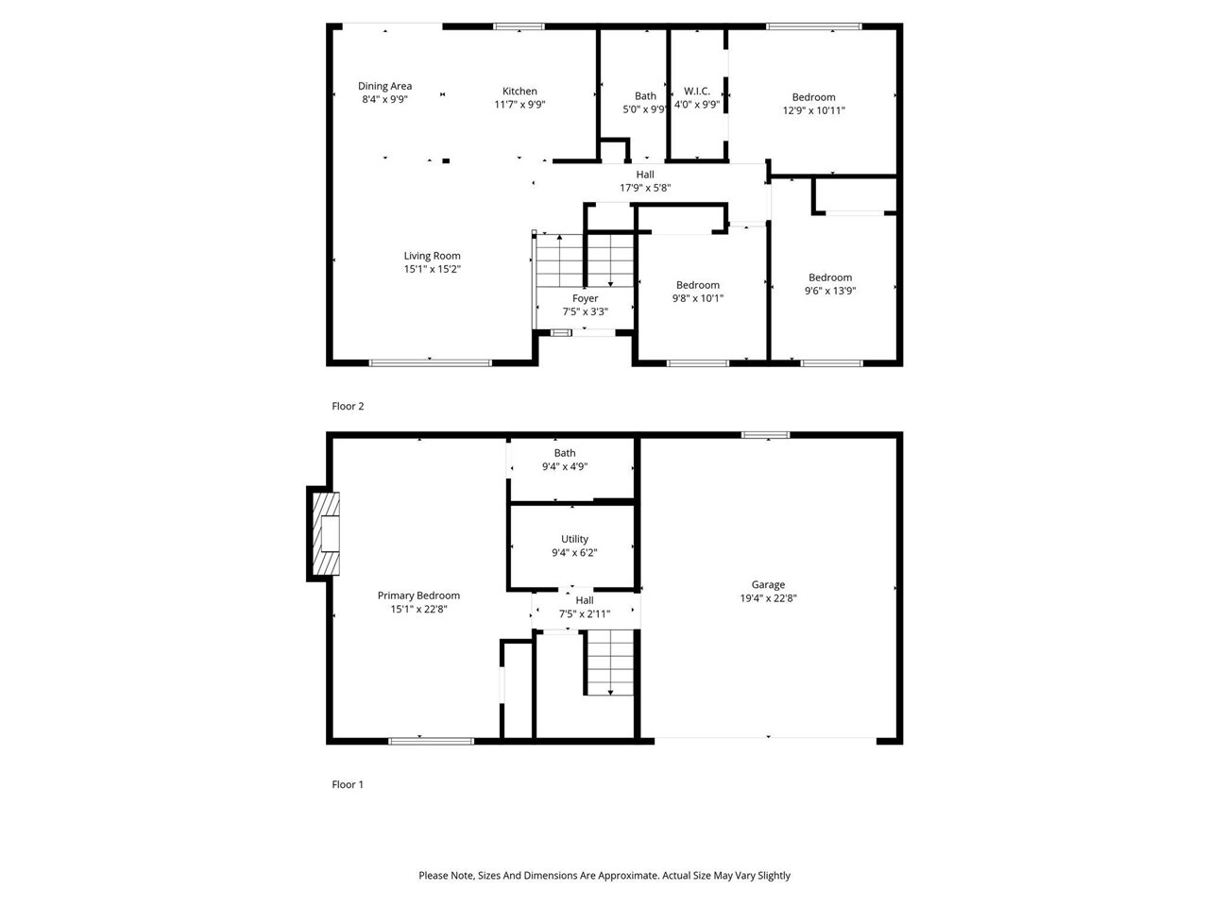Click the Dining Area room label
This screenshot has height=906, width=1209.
click(384, 86)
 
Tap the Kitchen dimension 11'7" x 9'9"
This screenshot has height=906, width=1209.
click(519, 105)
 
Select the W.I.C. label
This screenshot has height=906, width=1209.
click(697, 92)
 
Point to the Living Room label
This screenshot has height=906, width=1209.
click(432, 256)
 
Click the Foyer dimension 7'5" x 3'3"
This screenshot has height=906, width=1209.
click(585, 311)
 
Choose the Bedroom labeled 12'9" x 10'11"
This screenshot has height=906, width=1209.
click(813, 97)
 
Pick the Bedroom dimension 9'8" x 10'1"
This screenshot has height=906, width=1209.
click(697, 298)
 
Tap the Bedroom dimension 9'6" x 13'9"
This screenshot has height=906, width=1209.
click(829, 291)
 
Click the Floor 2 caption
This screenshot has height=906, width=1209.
click(348, 406)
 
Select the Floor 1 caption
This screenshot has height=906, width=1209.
click(348, 784)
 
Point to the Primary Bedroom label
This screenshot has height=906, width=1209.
click(418, 596)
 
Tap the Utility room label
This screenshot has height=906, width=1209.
click(574, 539)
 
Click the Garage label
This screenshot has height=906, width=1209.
click(768, 584)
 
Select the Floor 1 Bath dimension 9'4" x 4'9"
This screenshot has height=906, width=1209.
click(565, 466)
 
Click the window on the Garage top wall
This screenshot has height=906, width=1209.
click(765, 435)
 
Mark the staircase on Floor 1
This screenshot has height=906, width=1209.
click(609, 663)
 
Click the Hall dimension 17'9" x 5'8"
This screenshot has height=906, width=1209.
click(645, 188)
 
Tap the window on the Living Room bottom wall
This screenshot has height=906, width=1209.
click(431, 362)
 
